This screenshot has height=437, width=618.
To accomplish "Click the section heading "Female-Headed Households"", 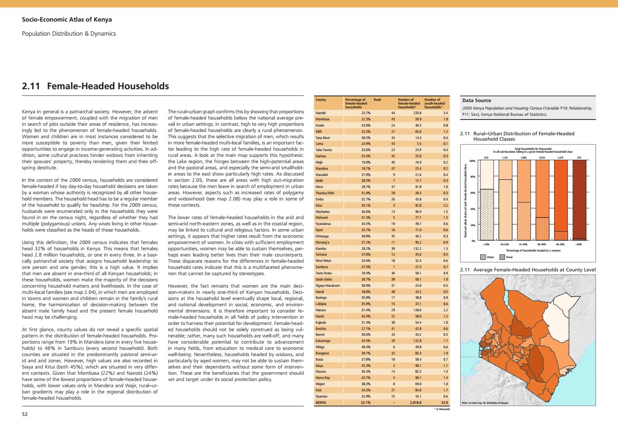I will (x=108, y=86).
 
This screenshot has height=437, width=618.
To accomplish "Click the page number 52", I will (x=24, y=414).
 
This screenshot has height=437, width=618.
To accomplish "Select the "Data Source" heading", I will (x=476, y=100).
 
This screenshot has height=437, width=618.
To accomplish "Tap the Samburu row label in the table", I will (x=322, y=266).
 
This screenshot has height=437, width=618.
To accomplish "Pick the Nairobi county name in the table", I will (x=321, y=113).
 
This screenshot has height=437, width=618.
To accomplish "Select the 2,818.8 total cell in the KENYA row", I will (x=415, y=403).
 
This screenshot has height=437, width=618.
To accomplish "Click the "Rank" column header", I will (x=377, y=100).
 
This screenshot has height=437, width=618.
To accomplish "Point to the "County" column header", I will (x=320, y=100).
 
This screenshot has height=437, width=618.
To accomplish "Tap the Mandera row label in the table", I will (x=322, y=168).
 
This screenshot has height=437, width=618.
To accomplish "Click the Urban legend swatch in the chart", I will (x=483, y=257).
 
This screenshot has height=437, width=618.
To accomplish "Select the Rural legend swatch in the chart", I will (x=502, y=257).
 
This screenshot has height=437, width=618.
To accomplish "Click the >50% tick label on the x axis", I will (x=579, y=245).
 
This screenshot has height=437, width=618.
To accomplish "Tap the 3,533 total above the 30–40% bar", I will (x=542, y=158).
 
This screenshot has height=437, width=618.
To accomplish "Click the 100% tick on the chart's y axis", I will (x=472, y=161).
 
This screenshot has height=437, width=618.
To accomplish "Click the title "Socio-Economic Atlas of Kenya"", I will (x=67, y=20).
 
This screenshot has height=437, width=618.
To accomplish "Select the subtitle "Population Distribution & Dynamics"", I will (x=68, y=34).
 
